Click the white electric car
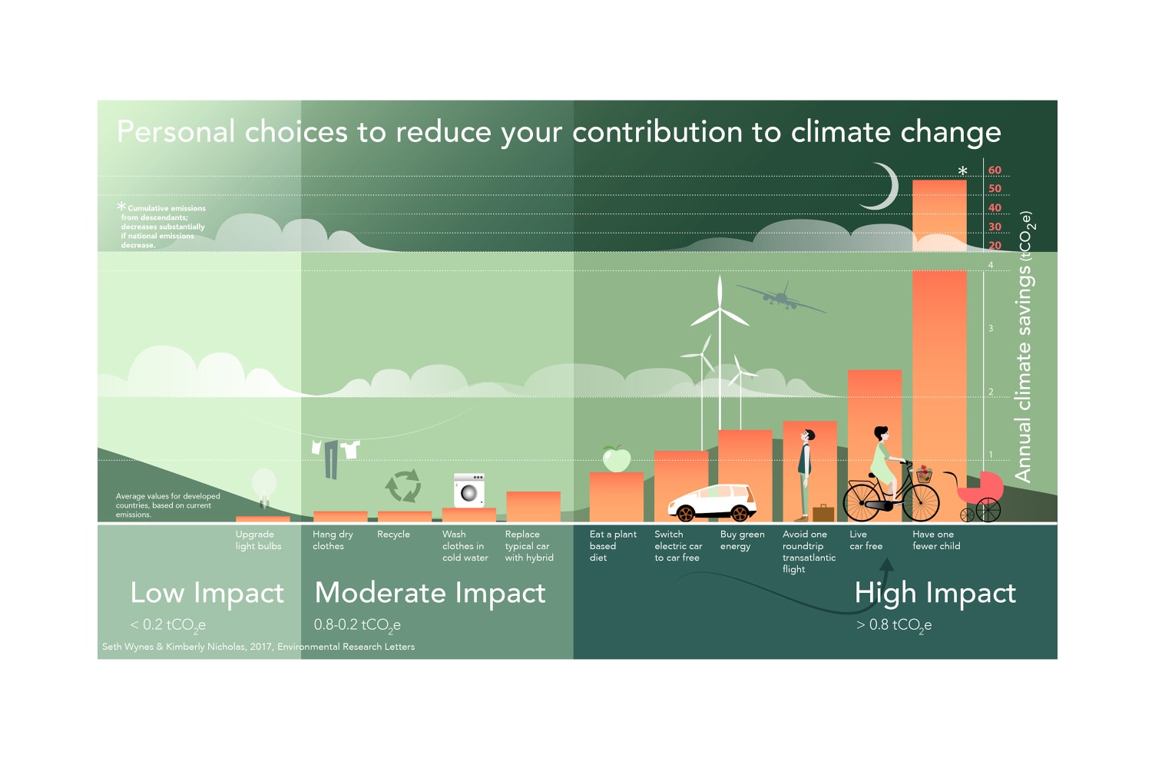712,502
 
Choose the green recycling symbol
402,485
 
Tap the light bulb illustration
263,486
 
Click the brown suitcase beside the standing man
823,512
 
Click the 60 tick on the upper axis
995,170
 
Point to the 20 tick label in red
995,246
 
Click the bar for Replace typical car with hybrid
533,507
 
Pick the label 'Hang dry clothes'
333,540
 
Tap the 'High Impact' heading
935,593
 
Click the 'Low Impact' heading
207,593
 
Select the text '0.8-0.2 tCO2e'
357,625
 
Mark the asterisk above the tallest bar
962,171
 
